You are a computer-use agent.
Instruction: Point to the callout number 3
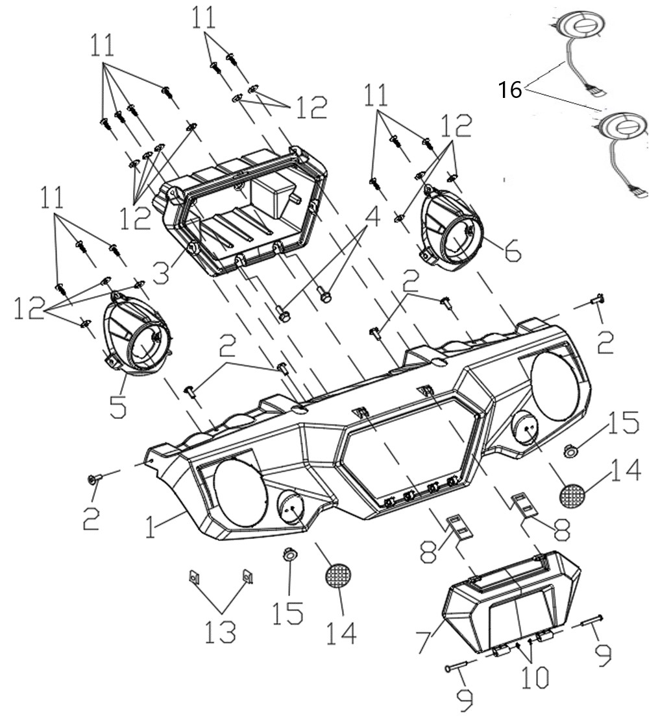[162, 269]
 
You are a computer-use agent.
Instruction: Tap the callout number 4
[372, 219]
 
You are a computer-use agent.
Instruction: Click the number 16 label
[509, 90]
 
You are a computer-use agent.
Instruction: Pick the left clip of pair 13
[194, 577]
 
